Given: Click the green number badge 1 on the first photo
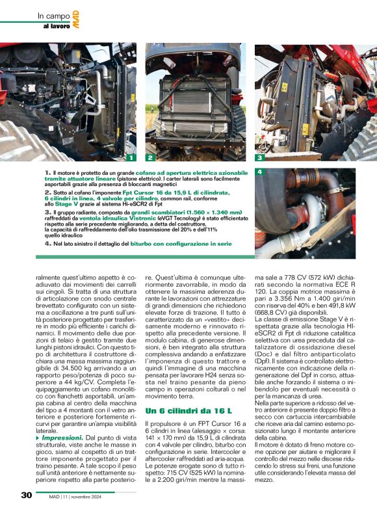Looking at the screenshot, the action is [131, 157].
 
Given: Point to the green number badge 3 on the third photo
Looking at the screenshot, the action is [259, 157].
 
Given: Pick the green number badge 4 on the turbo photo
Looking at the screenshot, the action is [259, 172].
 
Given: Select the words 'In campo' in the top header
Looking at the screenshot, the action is [51, 15].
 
